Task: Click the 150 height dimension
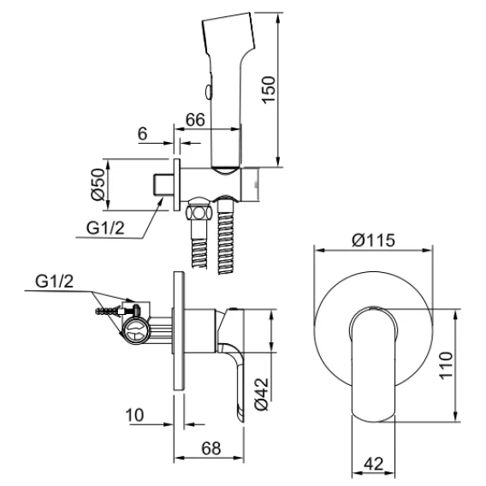(269, 90)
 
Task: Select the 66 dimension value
(195, 120)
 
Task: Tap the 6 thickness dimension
(142, 133)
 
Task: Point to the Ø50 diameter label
(98, 184)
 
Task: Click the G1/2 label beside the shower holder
(105, 228)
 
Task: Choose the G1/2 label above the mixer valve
(54, 282)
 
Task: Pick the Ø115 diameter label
(374, 240)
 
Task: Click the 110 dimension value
(446, 364)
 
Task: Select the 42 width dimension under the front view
(374, 464)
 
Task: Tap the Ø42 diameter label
(261, 394)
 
